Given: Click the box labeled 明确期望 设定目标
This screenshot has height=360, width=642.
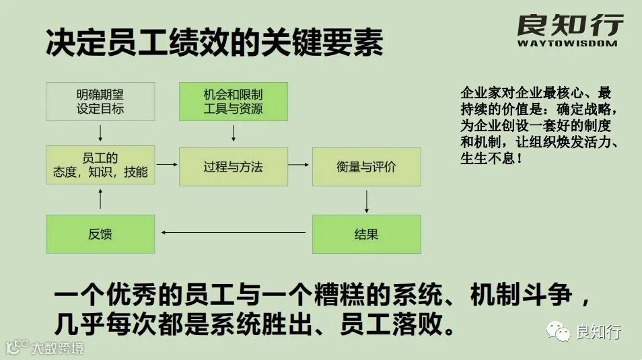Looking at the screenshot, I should tap(100, 102).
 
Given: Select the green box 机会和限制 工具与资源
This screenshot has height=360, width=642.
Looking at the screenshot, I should tap(233, 102).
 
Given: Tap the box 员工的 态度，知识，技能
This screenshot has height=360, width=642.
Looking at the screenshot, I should tap(100, 166).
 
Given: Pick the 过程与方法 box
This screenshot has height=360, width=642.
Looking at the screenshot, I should tap(233, 166).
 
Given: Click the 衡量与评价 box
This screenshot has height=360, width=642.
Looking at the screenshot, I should tap(366, 166).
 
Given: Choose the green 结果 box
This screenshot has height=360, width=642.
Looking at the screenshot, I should tap(366, 234).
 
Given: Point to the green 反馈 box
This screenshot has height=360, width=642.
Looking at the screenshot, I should tap(100, 234).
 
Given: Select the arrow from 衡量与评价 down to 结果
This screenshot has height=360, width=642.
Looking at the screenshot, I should tap(367, 201).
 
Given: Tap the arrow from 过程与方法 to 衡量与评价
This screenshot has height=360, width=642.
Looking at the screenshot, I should tap(299, 165).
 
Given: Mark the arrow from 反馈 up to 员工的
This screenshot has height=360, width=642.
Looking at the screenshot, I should tap(100, 199).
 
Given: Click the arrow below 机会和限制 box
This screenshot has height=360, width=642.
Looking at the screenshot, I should tap(234, 133).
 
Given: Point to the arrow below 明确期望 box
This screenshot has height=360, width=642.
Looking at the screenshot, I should tap(100, 133).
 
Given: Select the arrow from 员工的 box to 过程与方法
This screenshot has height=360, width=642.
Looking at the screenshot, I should tap(166, 165).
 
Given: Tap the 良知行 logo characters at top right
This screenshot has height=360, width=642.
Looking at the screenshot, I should tap(570, 25).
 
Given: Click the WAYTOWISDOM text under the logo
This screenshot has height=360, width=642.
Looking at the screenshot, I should tap(567, 44).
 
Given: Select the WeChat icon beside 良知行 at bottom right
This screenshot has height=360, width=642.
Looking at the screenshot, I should tap(559, 331).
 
